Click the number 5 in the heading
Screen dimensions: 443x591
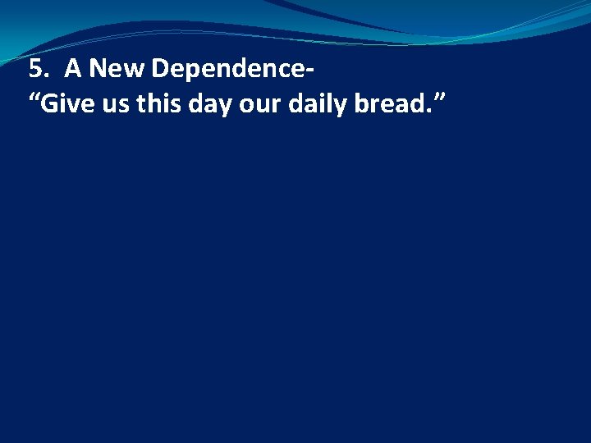pos(34,70)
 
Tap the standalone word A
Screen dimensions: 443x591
pos(72,70)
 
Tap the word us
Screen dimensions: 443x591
pos(111,107)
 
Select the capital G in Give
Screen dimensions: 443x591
pos(48,105)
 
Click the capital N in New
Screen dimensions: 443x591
pos(97,70)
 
